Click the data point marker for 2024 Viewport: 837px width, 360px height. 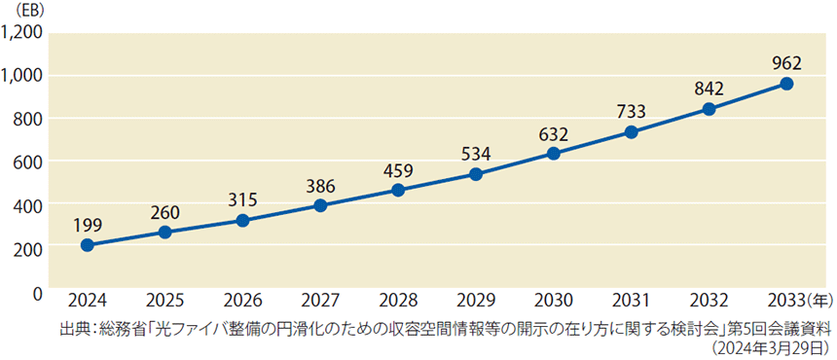pos(87,245)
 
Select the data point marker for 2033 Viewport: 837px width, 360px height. pos(786,84)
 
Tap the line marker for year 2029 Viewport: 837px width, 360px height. pos(476,174)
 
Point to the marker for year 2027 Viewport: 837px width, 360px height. pos(320,205)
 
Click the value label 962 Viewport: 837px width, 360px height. pos(786,63)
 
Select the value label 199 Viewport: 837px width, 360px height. pos(87,225)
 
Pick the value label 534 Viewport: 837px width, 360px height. pos(476,154)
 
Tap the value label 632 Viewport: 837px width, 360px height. pos(553,132)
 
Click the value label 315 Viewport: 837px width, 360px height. pos(242,199)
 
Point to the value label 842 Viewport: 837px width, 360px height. pos(709,89)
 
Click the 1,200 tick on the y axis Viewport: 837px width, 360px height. pos(22,32)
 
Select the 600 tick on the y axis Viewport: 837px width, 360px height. pos(28,162)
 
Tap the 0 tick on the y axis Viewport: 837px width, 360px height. pos(37,292)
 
